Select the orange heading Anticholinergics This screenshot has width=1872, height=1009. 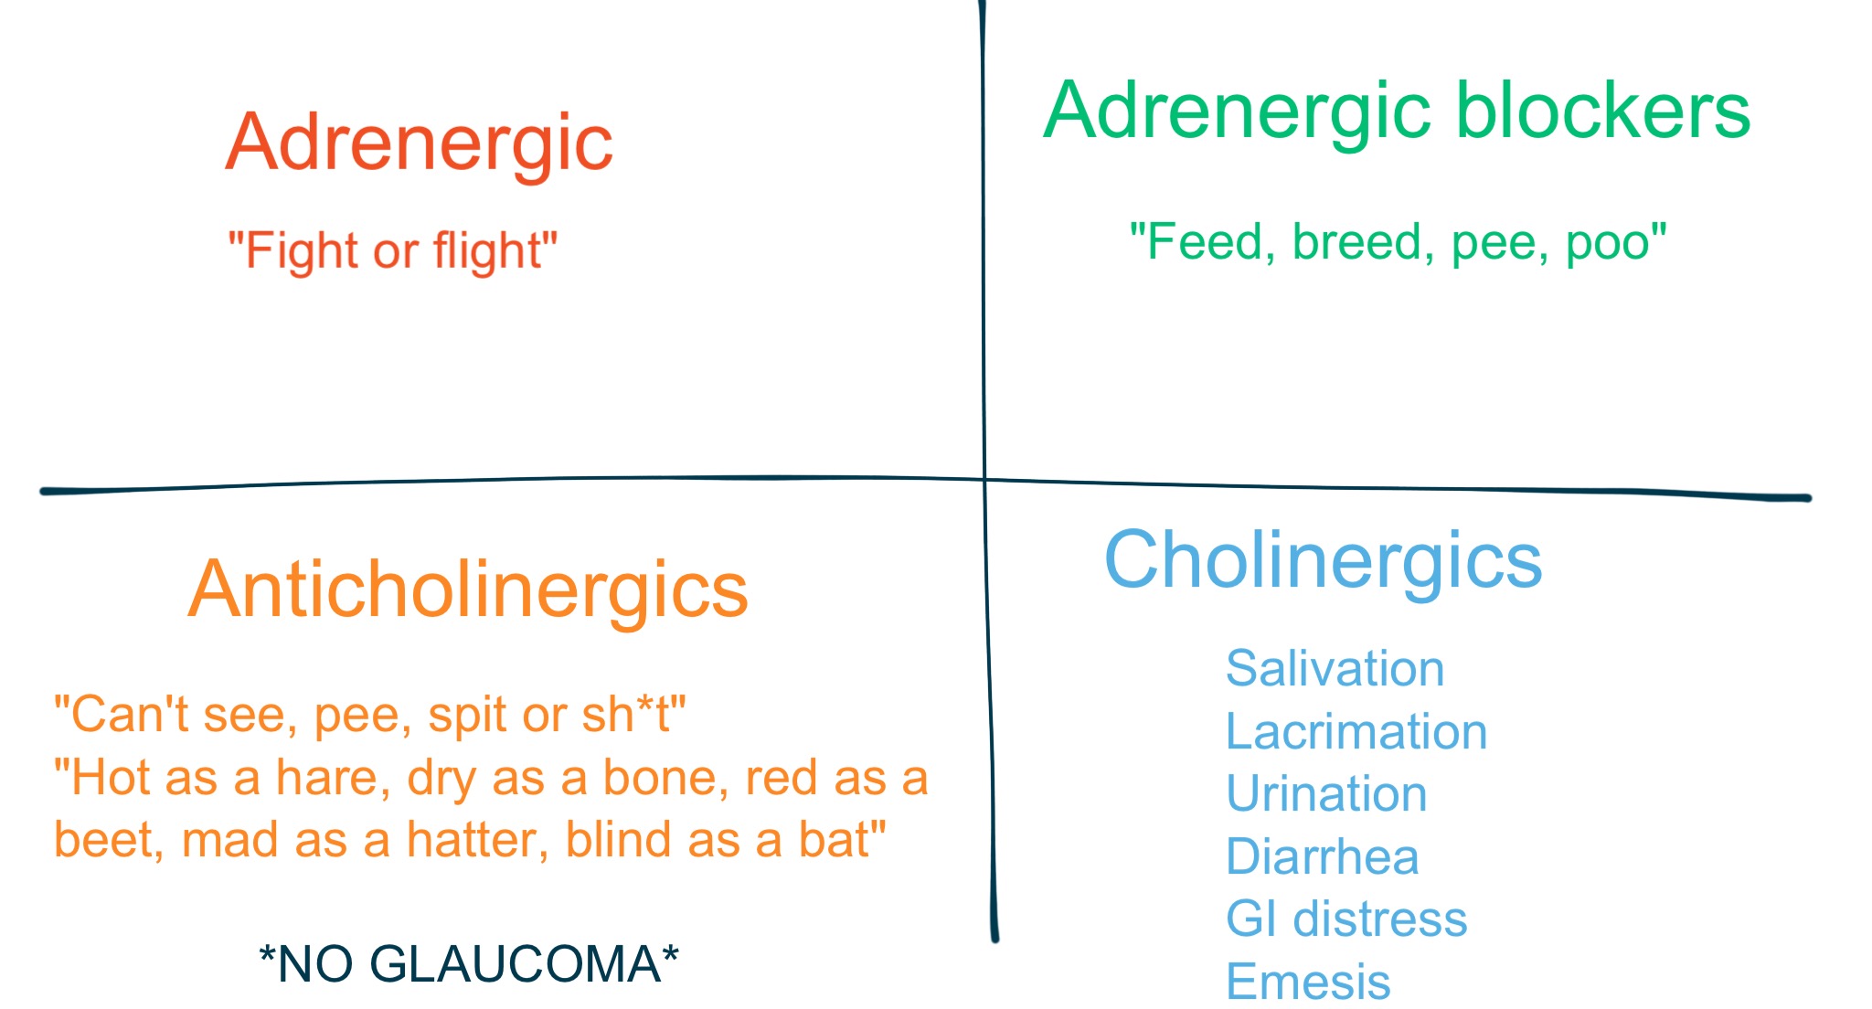point(468,590)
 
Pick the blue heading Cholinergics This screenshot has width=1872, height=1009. point(1323,560)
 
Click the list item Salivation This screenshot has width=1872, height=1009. point(1335,668)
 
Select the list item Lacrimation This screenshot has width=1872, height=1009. point(1356,731)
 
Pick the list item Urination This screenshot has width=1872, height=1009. point(1326,793)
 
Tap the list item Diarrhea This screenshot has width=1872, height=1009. point(1322,856)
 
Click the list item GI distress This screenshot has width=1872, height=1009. point(1346,919)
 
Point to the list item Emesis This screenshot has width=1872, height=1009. point(1308,982)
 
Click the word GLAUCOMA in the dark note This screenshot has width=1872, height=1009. point(516,964)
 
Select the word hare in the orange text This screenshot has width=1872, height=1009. point(326,778)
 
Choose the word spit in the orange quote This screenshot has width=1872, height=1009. point(466,715)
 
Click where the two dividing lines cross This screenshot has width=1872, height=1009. point(985,479)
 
